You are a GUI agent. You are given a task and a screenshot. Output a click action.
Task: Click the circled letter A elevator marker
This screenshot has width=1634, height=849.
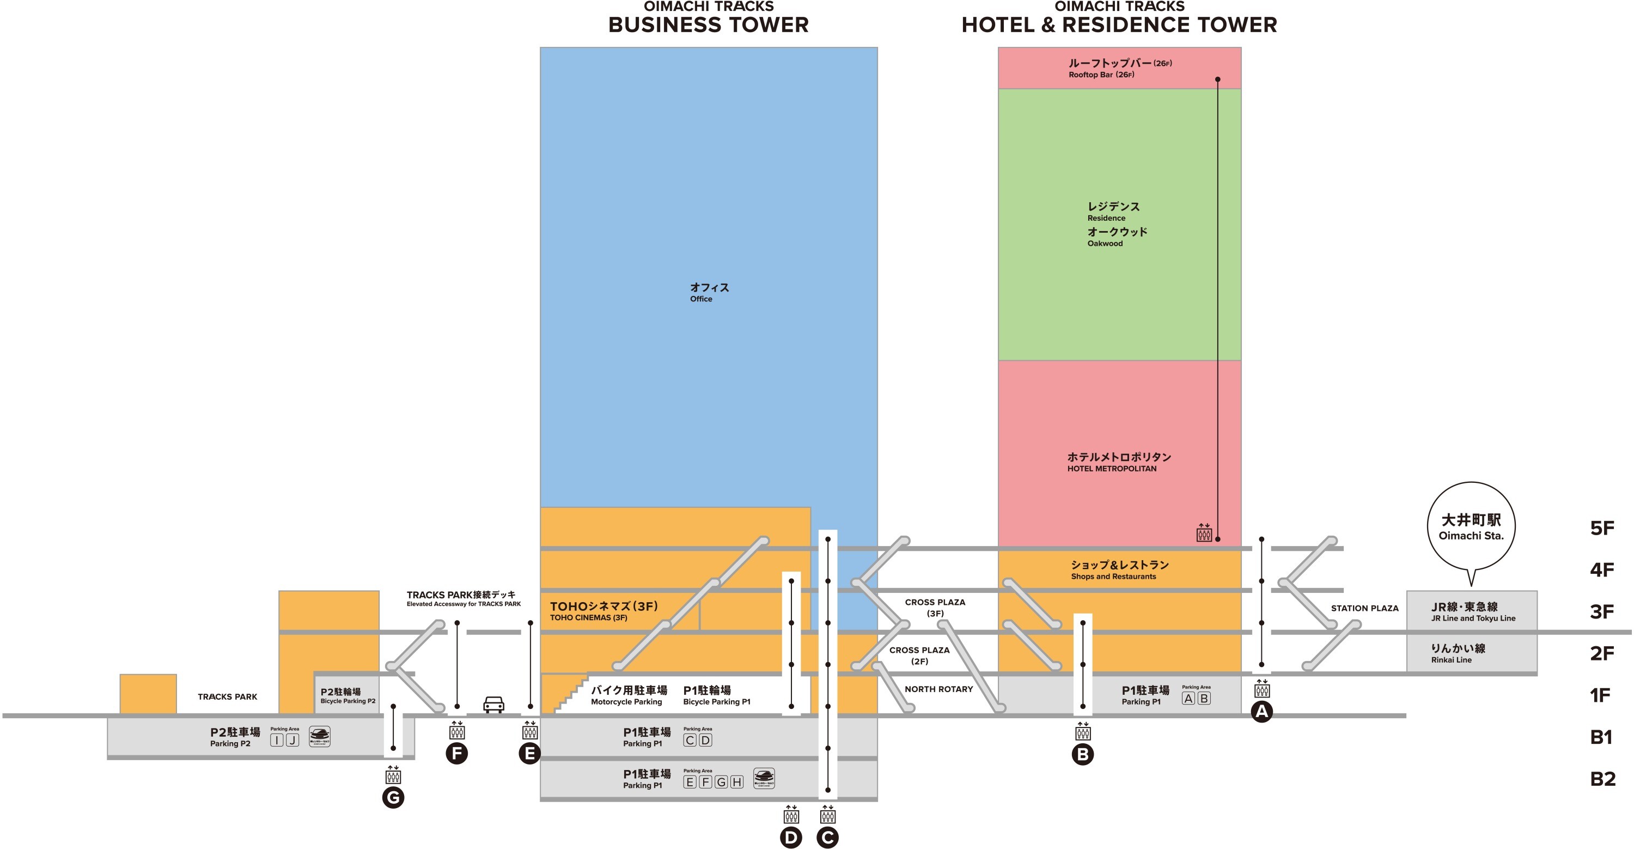click(x=1261, y=711)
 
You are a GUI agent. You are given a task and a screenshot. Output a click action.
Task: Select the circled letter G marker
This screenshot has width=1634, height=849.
click(x=393, y=797)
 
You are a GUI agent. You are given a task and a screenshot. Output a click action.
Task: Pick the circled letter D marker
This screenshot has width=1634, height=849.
click(x=791, y=838)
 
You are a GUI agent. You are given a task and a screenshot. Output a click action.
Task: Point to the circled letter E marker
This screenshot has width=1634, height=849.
click(x=529, y=753)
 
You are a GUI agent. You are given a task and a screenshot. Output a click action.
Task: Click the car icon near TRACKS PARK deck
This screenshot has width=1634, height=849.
click(x=493, y=705)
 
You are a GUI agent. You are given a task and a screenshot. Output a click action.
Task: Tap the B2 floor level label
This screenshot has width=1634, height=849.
click(x=1602, y=779)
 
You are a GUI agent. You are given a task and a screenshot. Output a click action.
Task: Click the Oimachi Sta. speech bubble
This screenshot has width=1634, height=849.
click(x=1471, y=526)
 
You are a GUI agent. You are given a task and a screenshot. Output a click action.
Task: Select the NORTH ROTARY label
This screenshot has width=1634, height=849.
click(x=938, y=689)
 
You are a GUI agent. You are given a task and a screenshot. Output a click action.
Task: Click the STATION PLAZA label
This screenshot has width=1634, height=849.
click(x=1364, y=608)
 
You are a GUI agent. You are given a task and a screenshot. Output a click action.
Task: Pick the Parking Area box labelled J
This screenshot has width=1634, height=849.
click(x=292, y=740)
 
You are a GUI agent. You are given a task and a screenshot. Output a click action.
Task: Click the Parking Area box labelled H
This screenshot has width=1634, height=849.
click(x=736, y=782)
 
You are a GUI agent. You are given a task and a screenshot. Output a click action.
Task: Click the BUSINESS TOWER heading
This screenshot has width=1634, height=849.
click(x=708, y=25)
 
